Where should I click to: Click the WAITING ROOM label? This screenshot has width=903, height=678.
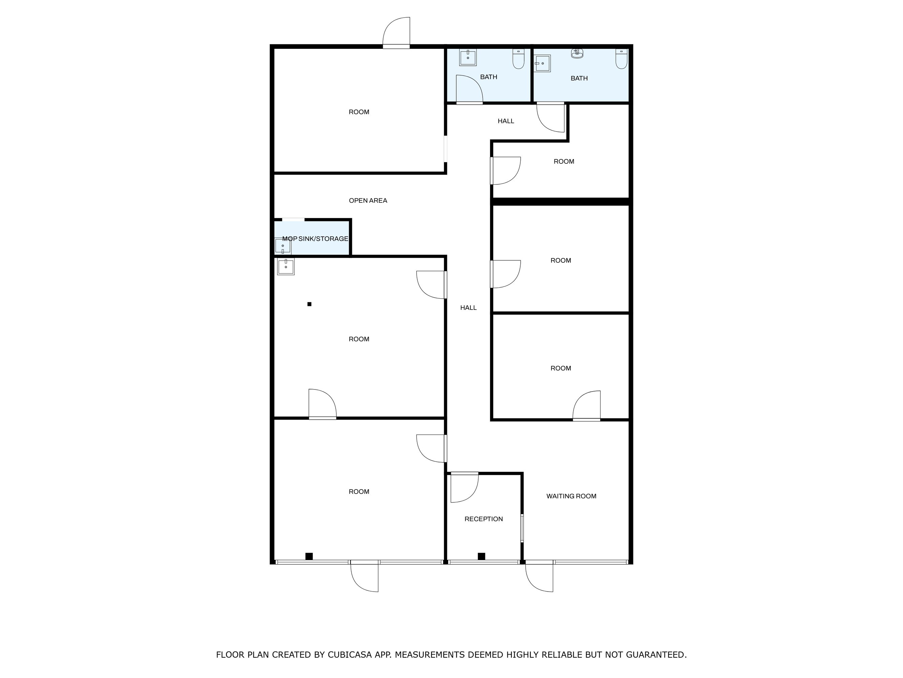click(571, 496)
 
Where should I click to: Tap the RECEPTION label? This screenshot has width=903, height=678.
click(483, 519)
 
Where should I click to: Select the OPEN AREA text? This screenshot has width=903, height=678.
click(368, 201)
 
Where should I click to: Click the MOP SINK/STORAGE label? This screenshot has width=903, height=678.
click(315, 239)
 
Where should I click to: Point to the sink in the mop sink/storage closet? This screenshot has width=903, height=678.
click(282, 246)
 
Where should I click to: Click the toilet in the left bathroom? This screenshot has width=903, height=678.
click(519, 59)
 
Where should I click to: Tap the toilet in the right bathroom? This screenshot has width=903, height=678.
click(621, 59)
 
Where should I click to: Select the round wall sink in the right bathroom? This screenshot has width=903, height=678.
click(577, 53)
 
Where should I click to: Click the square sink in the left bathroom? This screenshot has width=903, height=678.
click(468, 57)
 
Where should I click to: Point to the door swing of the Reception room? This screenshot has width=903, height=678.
click(464, 488)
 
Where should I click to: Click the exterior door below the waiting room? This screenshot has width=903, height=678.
click(539, 577)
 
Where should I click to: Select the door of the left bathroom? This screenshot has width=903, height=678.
click(469, 89)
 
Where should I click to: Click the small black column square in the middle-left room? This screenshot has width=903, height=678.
click(310, 304)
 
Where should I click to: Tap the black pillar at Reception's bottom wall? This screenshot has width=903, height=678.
click(481, 556)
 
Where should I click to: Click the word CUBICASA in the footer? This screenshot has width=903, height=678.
click(350, 655)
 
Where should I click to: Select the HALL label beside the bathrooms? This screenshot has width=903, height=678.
click(506, 121)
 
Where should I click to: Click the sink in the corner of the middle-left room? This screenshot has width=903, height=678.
click(286, 266)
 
